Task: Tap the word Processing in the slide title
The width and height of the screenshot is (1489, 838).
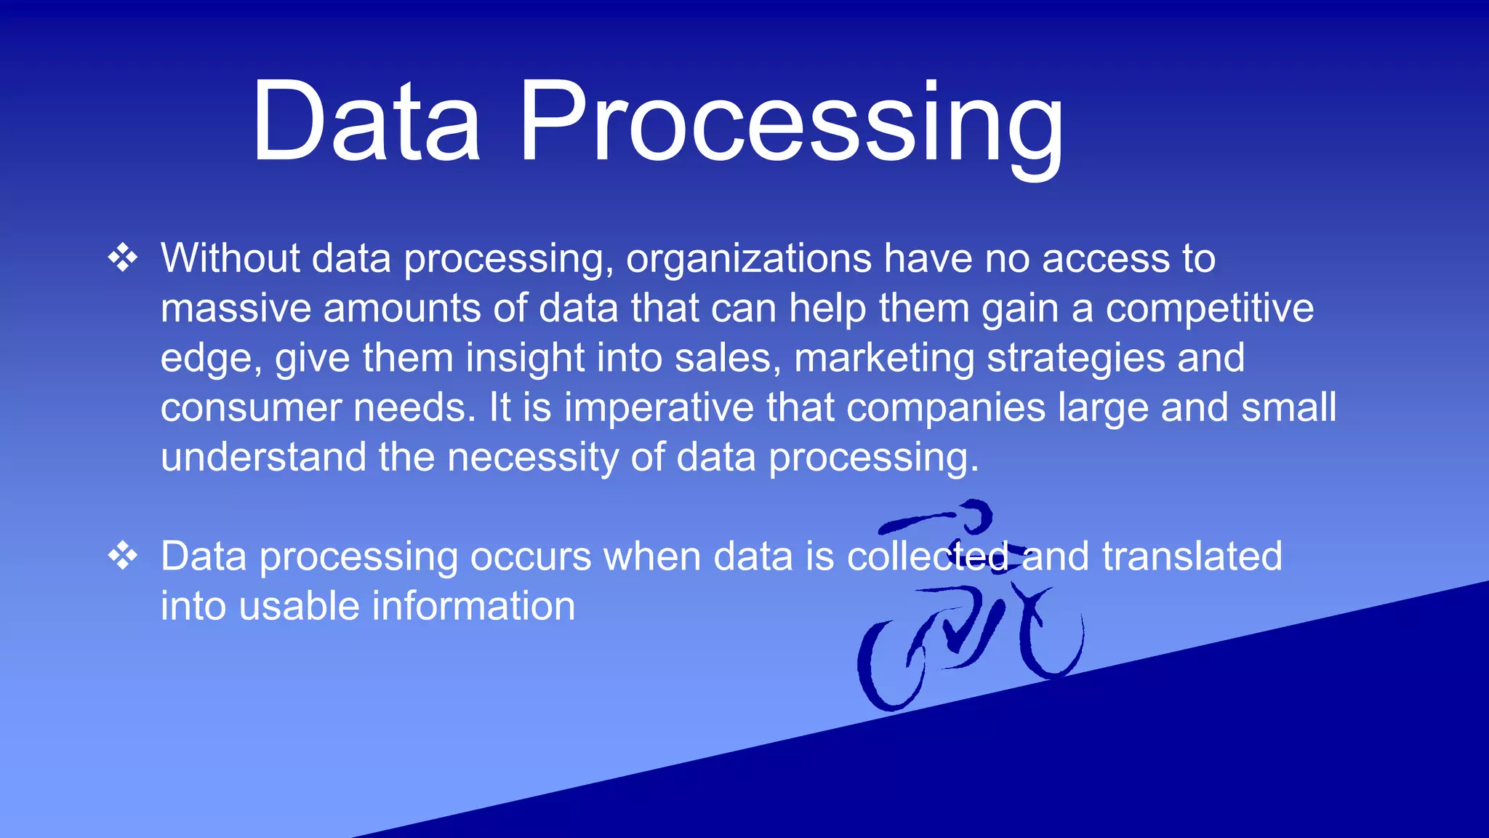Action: click(791, 124)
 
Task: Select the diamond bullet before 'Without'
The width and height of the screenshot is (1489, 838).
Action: click(123, 258)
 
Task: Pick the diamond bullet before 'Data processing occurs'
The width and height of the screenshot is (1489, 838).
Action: click(123, 556)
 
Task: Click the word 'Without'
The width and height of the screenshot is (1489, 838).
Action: click(230, 258)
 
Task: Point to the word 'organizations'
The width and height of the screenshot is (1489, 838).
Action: click(748, 260)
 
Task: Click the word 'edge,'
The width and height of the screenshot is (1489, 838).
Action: click(211, 359)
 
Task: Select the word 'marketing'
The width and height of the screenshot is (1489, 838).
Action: click(883, 359)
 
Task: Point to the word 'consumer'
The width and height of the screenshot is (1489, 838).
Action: click(250, 408)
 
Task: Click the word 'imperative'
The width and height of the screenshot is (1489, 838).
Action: click(659, 408)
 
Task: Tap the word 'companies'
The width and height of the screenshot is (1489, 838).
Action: click(945, 408)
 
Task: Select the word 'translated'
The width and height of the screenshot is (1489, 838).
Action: click(1192, 556)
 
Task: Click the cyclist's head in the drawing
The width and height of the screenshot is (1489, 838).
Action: click(975, 514)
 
